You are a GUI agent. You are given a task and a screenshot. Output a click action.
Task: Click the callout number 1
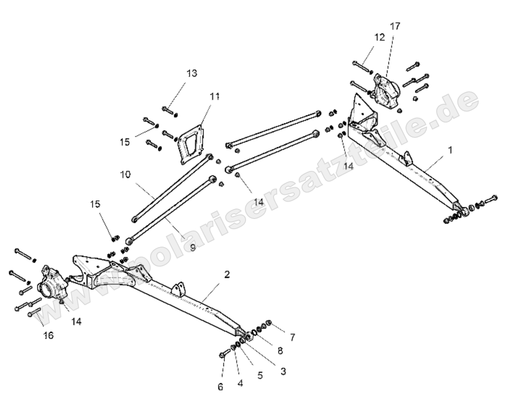(450, 150)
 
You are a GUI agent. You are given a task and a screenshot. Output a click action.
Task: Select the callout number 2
(227, 275)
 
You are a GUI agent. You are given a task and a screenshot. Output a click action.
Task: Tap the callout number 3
(283, 371)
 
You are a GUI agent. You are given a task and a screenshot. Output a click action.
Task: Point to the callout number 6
(221, 386)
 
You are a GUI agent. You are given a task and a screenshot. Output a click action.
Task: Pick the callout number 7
(292, 337)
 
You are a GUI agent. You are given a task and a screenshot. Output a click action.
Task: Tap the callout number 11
(214, 96)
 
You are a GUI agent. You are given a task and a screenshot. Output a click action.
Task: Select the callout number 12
(380, 37)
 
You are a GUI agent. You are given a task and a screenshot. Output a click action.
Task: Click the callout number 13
(192, 73)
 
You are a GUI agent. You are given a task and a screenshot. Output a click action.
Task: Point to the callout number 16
(48, 335)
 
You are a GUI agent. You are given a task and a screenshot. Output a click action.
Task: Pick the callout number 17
(395, 26)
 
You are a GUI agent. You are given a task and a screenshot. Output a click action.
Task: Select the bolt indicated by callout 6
(225, 355)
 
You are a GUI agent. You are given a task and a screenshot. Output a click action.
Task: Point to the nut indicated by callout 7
(269, 322)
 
